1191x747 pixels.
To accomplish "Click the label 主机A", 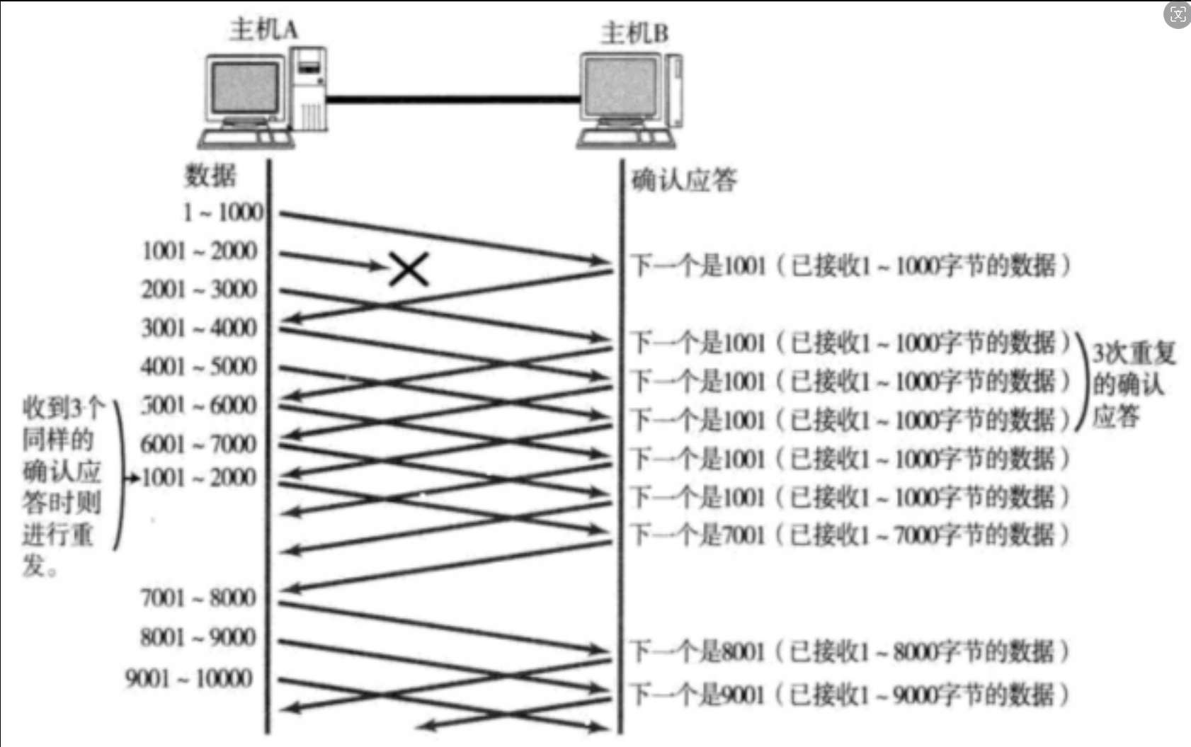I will point(263,30).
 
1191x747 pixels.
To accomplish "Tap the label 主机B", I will point(634,33).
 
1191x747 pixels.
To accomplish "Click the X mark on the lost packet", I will point(409,269).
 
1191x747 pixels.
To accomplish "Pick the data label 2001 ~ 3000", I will point(199,290).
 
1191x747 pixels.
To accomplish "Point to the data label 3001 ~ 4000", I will point(199,328).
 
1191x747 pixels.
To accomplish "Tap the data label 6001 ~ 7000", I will point(198,444).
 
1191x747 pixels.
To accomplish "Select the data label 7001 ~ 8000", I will point(198,598).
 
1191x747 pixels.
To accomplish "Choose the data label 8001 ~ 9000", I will point(198,637).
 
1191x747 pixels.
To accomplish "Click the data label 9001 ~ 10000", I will point(189,678).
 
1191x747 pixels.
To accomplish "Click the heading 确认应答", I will point(683,181).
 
